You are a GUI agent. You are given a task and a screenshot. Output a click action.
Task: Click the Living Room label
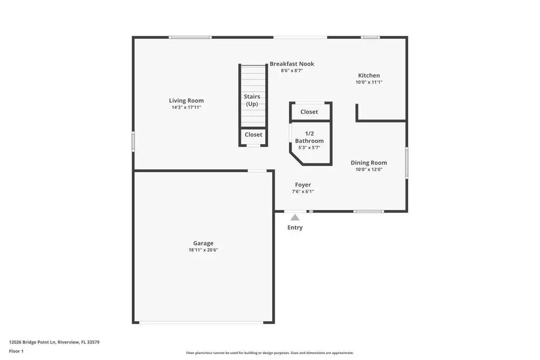pos(186,100)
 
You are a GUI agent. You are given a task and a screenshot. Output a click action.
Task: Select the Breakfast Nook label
pos(292,64)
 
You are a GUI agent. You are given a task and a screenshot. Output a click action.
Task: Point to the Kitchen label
pos(369,76)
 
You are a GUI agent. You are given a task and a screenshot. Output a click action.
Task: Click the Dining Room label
pos(369,162)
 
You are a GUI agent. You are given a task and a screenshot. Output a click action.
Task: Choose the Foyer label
pos(303,185)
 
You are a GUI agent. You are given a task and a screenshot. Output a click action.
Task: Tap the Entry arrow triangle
pos(295,218)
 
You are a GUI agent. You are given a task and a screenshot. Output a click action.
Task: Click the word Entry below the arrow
pos(295,228)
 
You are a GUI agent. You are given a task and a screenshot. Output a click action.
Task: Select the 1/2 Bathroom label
pos(309,137)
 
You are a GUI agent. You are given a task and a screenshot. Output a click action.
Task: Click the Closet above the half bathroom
pos(309,112)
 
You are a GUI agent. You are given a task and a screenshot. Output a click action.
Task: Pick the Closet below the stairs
pos(253,134)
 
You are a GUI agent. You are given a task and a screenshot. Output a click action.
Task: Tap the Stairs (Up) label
pos(252,100)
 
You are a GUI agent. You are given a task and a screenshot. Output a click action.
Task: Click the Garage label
pos(203,243)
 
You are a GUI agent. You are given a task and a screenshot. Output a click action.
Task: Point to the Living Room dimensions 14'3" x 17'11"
pos(186,107)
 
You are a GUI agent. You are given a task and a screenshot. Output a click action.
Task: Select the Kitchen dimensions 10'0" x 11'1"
pos(369,83)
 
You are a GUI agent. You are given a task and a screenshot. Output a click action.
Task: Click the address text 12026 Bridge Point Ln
pos(54,342)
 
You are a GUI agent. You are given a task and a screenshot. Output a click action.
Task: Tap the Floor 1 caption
pos(16,351)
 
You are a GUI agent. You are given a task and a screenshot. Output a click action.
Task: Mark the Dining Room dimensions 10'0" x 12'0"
pos(369,169)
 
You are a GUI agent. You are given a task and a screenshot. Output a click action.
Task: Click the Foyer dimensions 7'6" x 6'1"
pos(303,192)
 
